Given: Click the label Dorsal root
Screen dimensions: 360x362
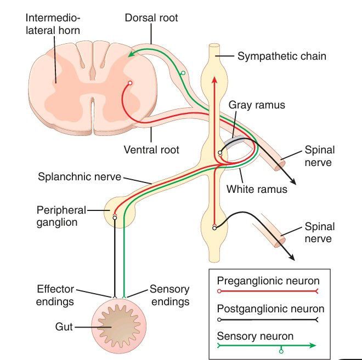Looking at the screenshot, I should click(151, 18).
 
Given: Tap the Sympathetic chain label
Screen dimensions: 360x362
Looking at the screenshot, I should click(281, 56).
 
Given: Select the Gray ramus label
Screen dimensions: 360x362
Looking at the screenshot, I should click(257, 105).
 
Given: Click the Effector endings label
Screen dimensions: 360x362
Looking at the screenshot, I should click(55, 295).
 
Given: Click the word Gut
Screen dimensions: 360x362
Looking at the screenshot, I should click(64, 327).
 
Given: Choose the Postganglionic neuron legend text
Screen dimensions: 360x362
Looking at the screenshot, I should click(270, 309).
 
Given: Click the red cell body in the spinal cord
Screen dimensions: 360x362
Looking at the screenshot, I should click(130, 83).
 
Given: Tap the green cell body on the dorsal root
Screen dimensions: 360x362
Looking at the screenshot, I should click(183, 72).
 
